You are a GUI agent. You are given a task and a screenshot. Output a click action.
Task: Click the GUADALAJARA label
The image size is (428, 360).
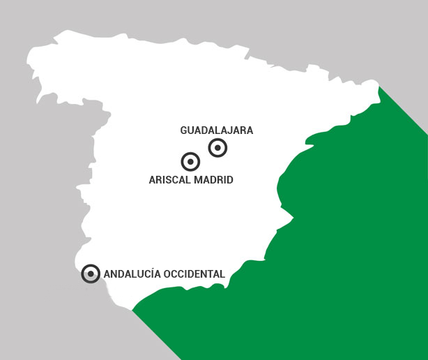[x=216, y=130]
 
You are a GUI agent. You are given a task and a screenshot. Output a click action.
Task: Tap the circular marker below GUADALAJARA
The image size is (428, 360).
[x=218, y=148]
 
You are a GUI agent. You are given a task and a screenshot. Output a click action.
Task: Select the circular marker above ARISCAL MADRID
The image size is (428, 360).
[x=190, y=162]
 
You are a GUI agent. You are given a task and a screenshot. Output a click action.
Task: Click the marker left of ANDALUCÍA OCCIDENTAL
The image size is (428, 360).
[x=91, y=273]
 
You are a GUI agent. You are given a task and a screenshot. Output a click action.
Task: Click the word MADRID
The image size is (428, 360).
[x=213, y=180]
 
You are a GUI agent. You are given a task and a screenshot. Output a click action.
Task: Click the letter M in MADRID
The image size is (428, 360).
[x=199, y=180]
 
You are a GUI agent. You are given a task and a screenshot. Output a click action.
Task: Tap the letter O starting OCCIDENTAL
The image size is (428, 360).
[x=166, y=274]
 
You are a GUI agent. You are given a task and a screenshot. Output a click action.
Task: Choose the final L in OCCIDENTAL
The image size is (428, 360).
[x=222, y=274]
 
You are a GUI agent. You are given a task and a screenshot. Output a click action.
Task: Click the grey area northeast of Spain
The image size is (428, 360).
[x=390, y=42]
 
